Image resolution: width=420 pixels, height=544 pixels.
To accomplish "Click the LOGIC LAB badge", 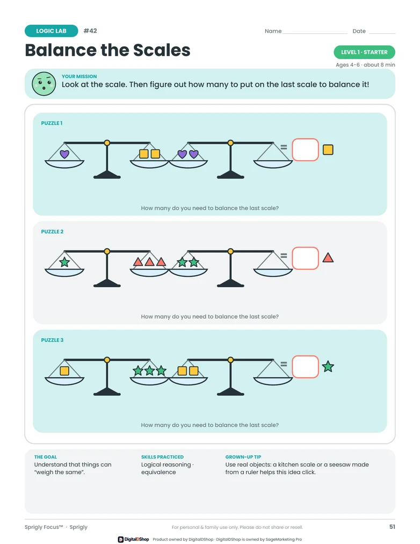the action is coord(51,31).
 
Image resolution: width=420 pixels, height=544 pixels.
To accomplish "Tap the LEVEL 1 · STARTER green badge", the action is coord(364,52).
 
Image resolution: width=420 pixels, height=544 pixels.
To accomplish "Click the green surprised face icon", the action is coord(44,84).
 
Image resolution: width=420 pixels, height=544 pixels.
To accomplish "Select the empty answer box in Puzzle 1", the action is coord(305,149).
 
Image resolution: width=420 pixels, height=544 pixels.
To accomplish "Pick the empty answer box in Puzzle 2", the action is coord(305,258).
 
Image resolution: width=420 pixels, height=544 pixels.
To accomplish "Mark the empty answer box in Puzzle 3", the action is coord(305,367).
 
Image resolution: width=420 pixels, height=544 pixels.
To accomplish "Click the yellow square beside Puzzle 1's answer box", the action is coord(328,149).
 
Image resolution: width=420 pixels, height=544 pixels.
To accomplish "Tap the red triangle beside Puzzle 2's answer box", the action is coord(328,258).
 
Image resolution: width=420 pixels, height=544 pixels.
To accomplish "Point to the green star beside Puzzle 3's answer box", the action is coord(328,367).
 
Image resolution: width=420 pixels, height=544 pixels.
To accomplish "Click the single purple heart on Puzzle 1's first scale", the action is coord(64,154).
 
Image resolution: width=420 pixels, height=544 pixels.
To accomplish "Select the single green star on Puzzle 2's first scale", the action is coord(64,262).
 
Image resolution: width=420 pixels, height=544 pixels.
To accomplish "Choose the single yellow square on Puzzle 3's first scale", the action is coord(64,371).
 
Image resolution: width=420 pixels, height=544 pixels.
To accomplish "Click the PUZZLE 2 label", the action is coord(52,231).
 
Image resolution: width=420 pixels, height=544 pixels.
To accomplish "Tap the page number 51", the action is coord(392,527).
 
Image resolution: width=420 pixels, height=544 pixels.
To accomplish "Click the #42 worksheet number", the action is coord(90,31).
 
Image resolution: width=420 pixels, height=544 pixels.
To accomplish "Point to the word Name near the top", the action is coord(273,31).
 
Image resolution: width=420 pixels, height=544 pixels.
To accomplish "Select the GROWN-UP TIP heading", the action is coord(243,457).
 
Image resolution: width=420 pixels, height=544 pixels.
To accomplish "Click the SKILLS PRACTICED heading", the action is coord(162,457).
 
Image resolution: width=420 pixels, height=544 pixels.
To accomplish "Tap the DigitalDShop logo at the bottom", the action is coord(133,539).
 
